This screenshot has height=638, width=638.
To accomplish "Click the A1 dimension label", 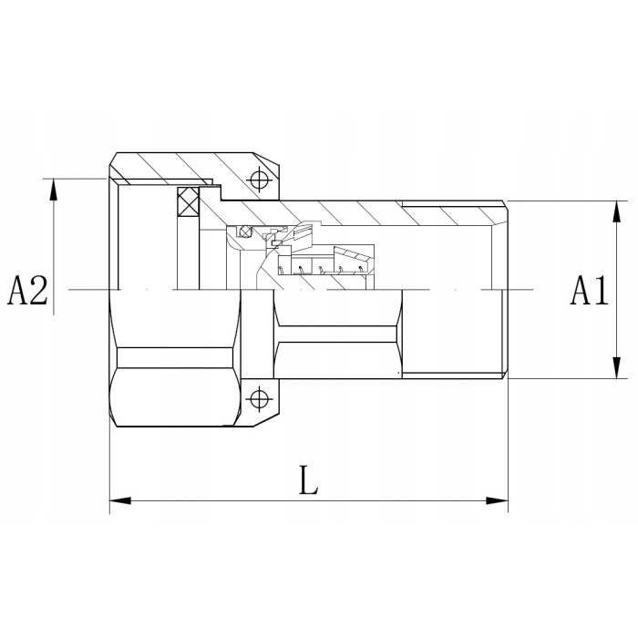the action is click(x=589, y=291).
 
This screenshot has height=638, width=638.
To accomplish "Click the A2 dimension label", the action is click(x=27, y=291).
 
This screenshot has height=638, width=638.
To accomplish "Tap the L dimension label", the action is click(x=308, y=479).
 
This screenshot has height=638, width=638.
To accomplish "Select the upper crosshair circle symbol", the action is click(x=259, y=180).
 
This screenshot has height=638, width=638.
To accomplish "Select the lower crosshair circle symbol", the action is click(x=259, y=399).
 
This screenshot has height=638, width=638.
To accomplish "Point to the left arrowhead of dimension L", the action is click(x=120, y=500).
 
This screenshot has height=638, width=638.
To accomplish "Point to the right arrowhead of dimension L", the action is click(x=498, y=500).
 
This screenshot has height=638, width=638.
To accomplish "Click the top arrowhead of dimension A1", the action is click(x=617, y=211).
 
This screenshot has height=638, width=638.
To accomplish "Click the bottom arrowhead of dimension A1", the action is click(x=617, y=368).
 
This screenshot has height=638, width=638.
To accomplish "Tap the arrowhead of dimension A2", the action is click(x=53, y=190).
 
